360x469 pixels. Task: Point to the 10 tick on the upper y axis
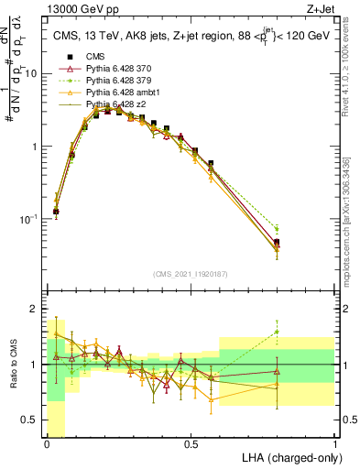pos(33,73)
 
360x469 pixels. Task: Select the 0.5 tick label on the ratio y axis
pos(33,420)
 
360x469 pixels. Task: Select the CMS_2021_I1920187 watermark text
pos(191,273)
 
